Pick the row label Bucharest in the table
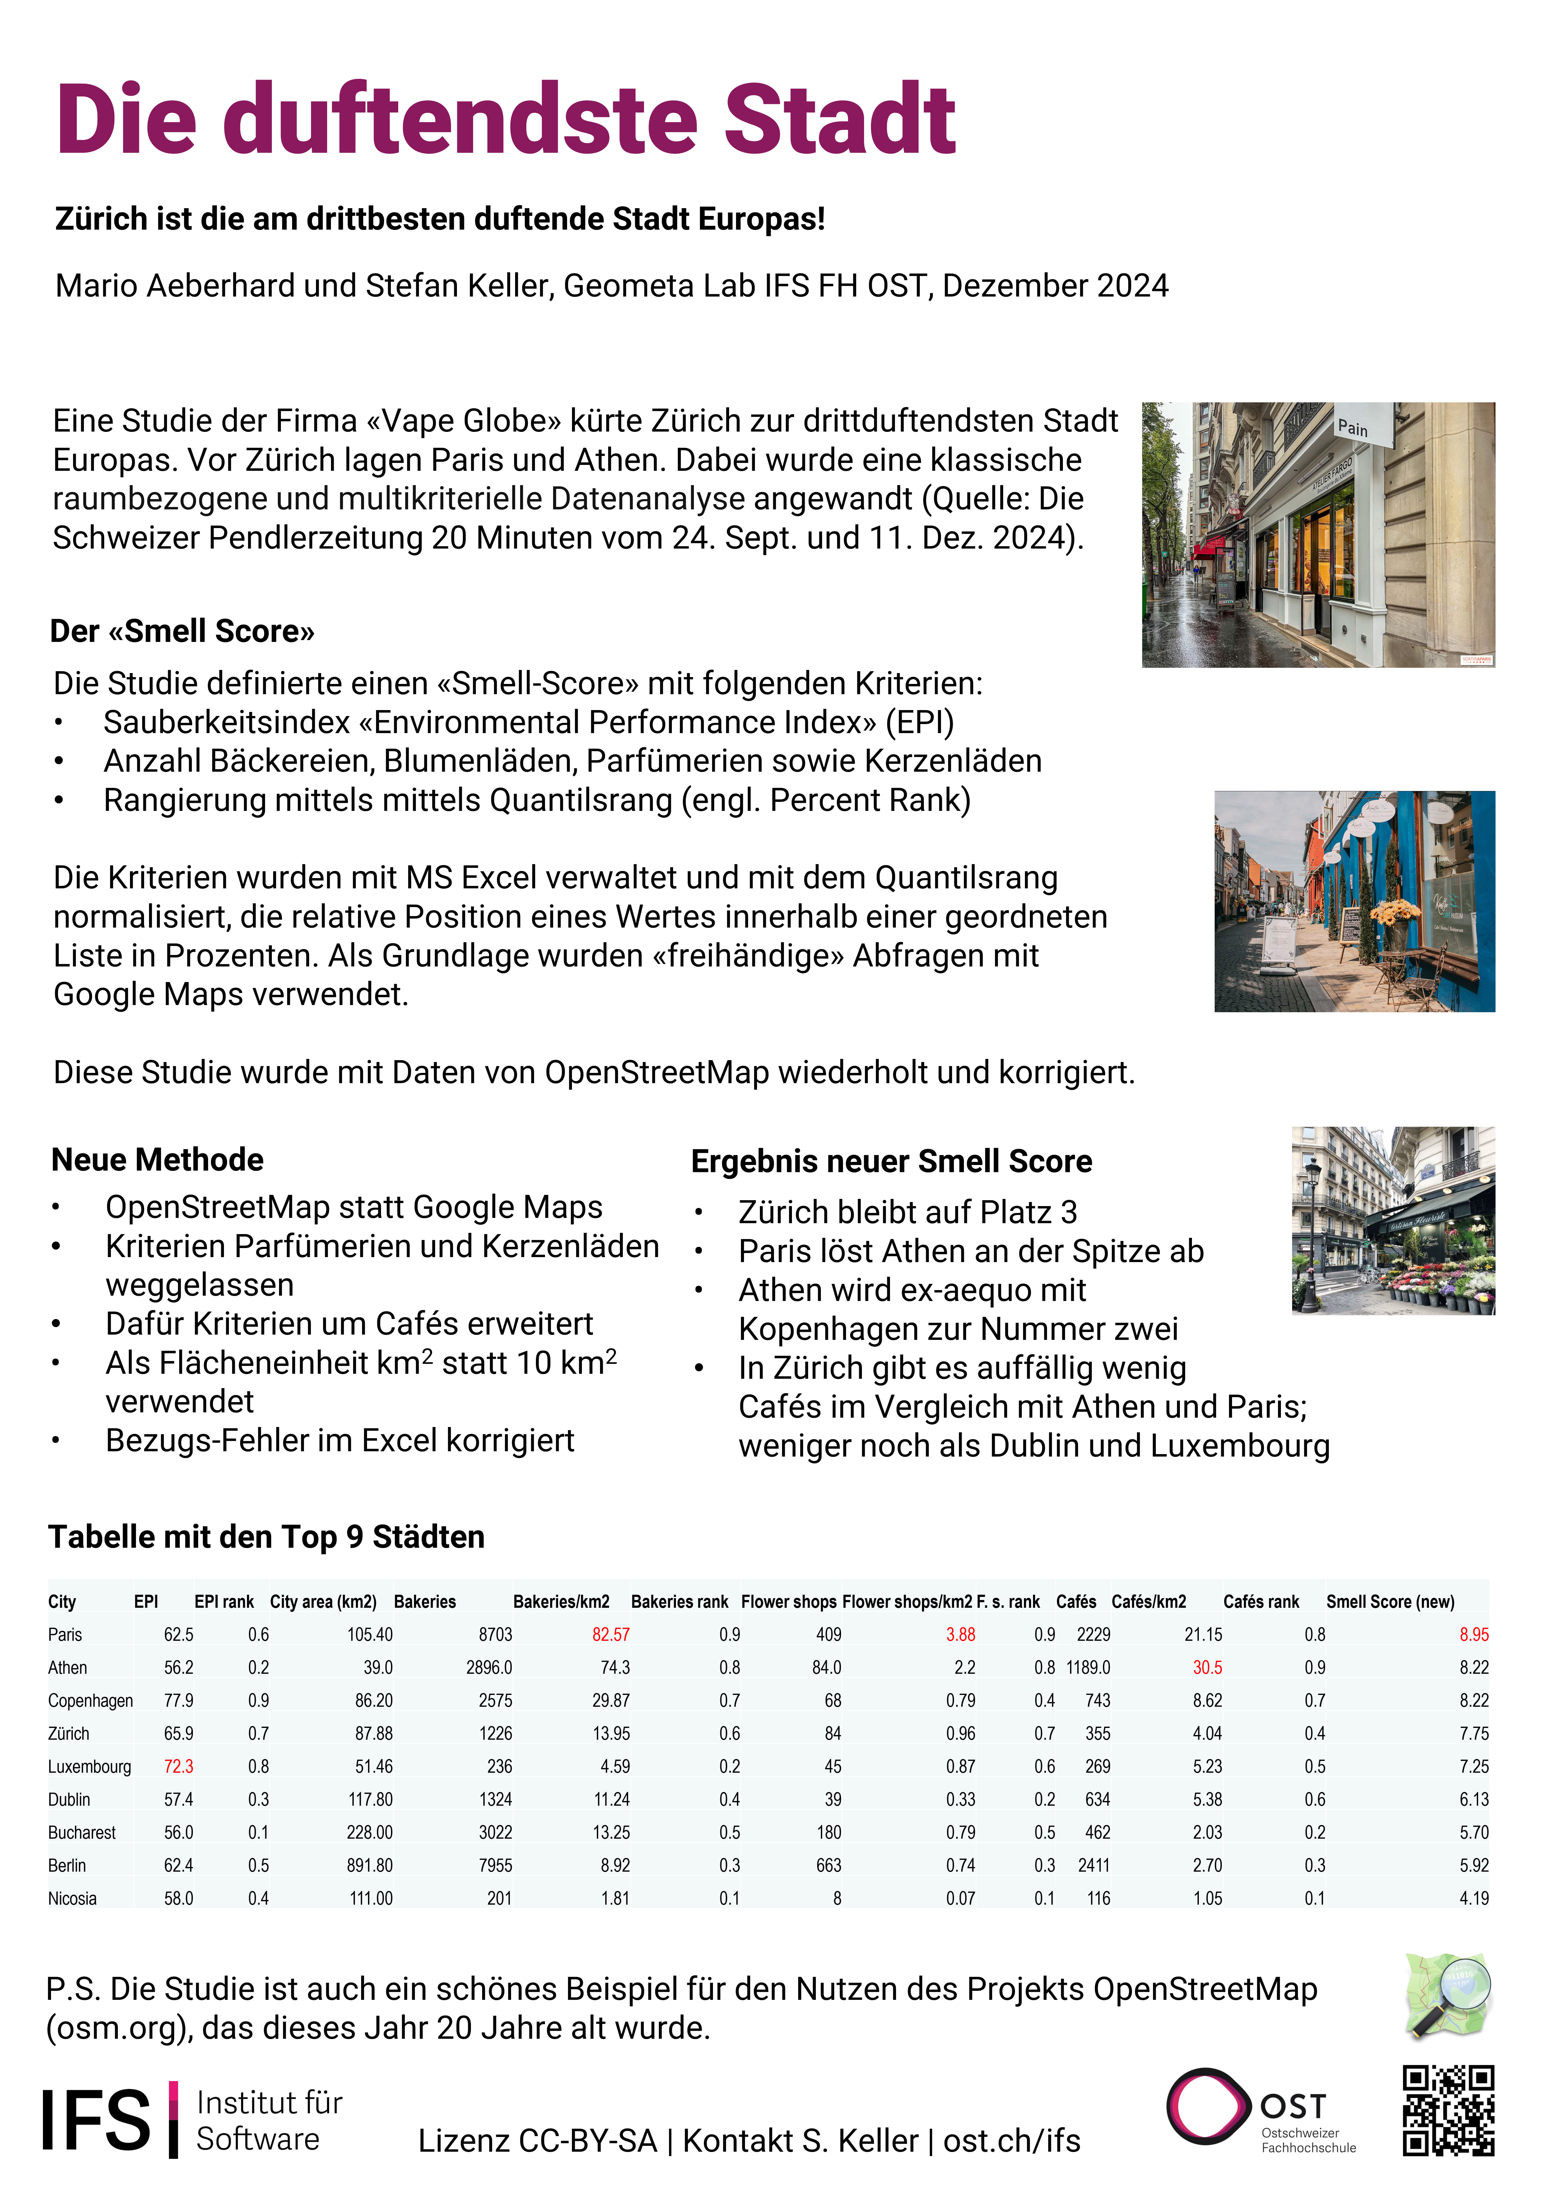pyautogui.click(x=82, y=1832)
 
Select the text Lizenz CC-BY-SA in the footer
pyautogui.click(x=537, y=2140)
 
